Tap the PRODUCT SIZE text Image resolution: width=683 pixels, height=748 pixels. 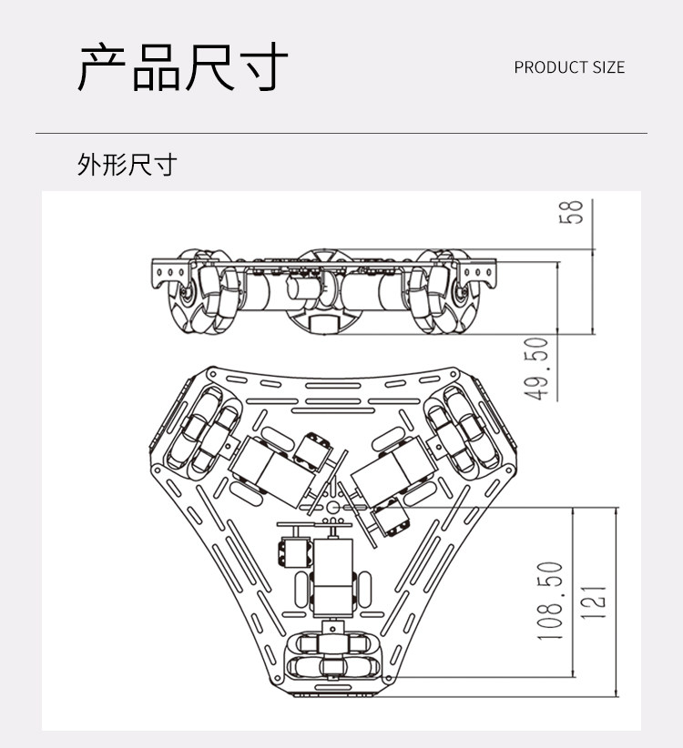pos(569,67)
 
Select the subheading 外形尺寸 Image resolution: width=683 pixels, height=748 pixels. pos(127,165)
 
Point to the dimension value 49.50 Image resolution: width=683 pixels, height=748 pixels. pos(538,368)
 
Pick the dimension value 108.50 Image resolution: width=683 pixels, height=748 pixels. pos(551,601)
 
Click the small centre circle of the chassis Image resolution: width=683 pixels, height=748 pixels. pos(333,506)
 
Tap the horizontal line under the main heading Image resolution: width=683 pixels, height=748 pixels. pos(341,134)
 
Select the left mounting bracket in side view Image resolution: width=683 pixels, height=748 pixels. pos(169,270)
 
